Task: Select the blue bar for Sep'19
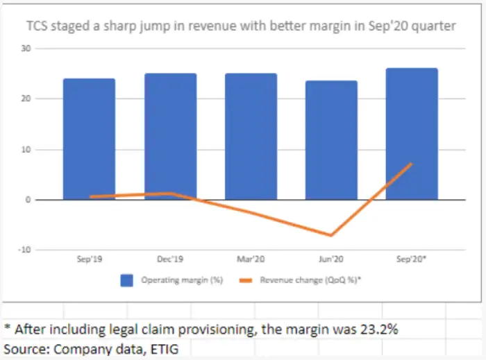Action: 89,139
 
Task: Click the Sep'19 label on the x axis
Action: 90,259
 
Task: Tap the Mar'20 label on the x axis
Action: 251,259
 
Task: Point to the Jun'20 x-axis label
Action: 331,259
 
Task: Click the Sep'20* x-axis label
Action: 412,259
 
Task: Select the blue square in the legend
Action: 126,280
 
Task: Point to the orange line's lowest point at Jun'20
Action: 331,235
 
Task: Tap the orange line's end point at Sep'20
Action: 412,164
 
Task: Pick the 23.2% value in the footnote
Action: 375,328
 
